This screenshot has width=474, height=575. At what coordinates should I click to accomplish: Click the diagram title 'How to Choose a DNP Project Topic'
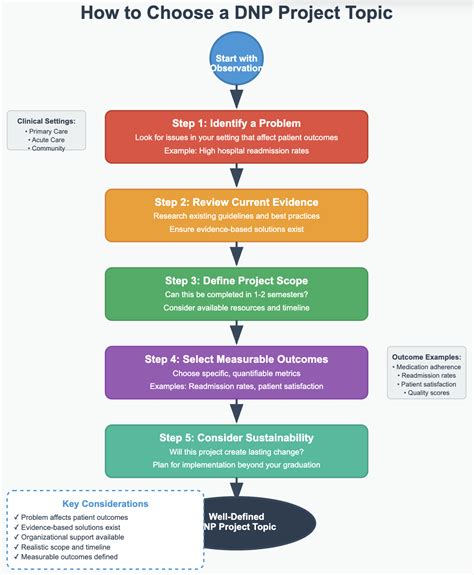[x=237, y=14]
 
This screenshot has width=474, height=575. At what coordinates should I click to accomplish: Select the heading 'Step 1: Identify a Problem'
[x=237, y=121]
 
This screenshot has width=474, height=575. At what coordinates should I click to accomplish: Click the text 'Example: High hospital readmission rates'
[x=237, y=151]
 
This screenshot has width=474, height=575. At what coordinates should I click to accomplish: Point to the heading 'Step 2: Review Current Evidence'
[x=237, y=200]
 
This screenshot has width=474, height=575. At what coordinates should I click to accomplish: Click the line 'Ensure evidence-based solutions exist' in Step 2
[x=237, y=230]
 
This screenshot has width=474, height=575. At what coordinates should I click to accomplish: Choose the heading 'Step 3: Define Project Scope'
[x=237, y=279]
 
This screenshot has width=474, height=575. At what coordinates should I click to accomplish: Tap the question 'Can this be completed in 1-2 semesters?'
[x=237, y=294]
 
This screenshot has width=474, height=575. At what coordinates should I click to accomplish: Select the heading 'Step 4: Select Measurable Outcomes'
[x=237, y=357]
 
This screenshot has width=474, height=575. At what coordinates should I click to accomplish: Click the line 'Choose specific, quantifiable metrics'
[x=237, y=373]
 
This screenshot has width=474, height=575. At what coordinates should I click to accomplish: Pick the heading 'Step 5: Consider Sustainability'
[x=237, y=436]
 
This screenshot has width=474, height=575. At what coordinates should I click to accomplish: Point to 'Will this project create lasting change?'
[x=237, y=452]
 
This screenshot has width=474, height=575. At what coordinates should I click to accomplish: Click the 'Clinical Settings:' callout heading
[x=46, y=120]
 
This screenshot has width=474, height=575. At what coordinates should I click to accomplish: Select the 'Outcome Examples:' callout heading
[x=427, y=355]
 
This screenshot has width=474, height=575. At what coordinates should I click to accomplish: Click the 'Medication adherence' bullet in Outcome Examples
[x=427, y=366]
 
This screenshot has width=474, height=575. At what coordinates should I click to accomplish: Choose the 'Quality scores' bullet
[x=427, y=392]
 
